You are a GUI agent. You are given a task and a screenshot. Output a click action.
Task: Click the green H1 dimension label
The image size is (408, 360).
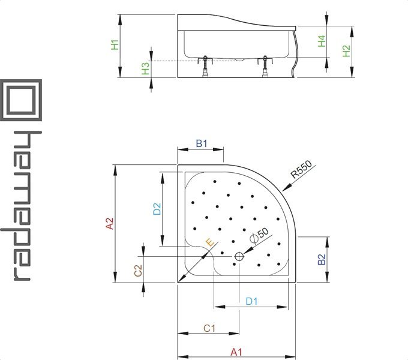coord(115,45)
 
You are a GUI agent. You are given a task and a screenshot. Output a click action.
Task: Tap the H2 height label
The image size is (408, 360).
coord(346,51)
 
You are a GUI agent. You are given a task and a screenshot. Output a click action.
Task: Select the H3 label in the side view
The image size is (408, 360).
coord(145,68)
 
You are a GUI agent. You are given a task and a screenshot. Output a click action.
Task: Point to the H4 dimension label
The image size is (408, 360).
coord(322,41)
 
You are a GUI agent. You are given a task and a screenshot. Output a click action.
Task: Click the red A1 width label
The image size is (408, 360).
coord(236,352)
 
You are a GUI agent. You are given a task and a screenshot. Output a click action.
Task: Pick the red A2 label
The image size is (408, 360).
coord(110,223)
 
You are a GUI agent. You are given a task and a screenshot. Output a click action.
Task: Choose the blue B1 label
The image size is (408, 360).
coord(202,143)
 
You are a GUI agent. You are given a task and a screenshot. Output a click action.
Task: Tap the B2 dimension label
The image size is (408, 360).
coord(322,259)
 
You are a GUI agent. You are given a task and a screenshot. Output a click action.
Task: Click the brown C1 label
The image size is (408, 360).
coord(209,328)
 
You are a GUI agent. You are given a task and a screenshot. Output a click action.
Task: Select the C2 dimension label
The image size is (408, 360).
coord(138,271)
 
